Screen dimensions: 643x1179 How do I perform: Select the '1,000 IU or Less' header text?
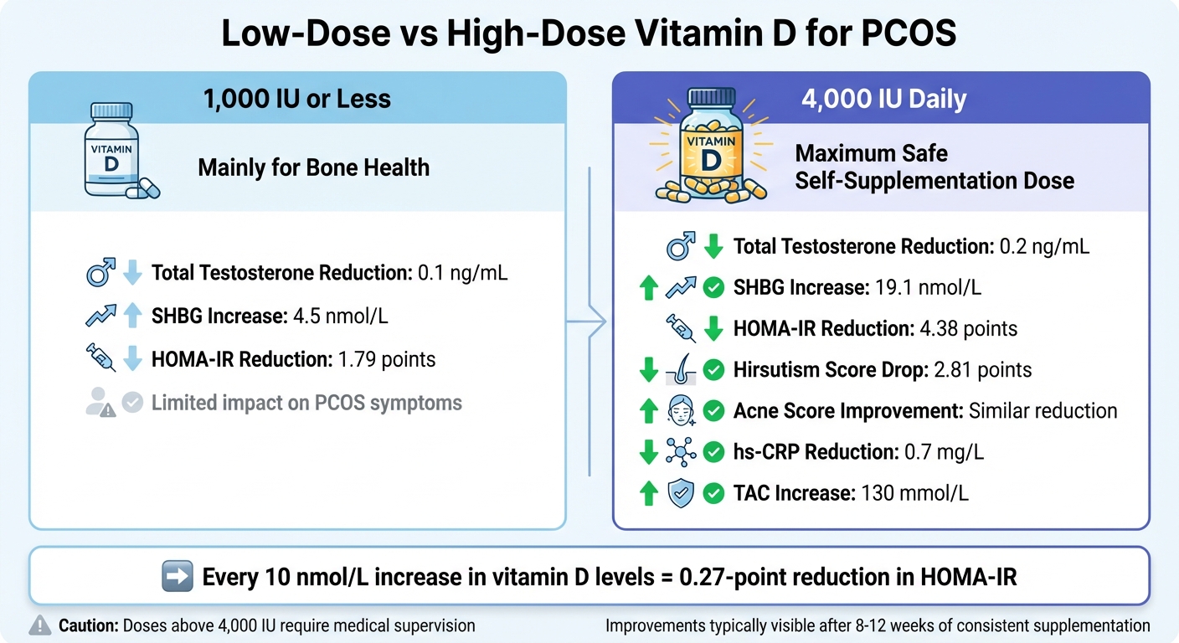click(297, 99)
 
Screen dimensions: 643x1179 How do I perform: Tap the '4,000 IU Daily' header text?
click(883, 99)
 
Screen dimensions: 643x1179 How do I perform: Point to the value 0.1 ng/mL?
click(462, 273)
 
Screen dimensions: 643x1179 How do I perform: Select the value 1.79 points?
click(385, 360)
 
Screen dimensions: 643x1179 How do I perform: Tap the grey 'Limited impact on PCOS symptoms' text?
click(306, 403)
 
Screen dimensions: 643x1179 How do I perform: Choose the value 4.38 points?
click(967, 328)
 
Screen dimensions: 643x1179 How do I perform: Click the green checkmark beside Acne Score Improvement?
click(713, 411)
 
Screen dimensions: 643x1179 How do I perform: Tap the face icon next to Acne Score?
click(680, 411)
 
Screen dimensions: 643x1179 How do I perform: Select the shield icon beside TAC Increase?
click(680, 493)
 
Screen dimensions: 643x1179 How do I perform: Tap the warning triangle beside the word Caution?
click(40, 625)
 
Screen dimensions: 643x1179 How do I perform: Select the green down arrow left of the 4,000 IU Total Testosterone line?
click(713, 246)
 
